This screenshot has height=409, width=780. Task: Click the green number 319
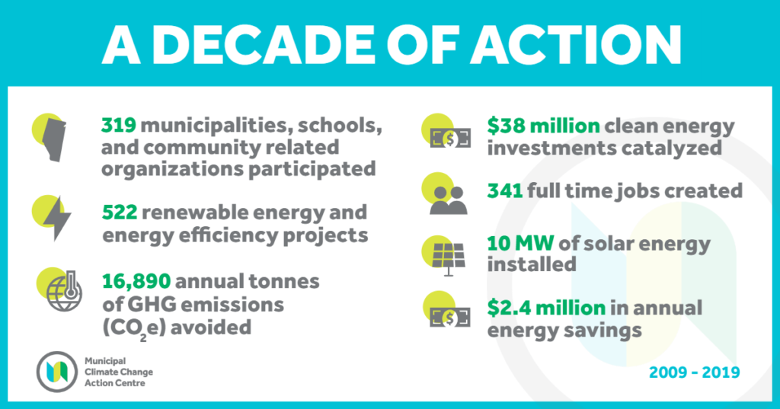[x=119, y=126]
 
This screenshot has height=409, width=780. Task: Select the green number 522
[x=120, y=213]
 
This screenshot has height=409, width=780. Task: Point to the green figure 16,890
[x=136, y=282]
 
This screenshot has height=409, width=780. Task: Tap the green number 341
[x=505, y=191]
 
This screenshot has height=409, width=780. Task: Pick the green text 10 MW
[x=520, y=244]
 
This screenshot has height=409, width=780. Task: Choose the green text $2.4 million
[x=546, y=308]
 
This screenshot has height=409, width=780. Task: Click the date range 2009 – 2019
[x=694, y=372]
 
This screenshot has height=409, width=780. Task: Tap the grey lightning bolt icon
[x=57, y=219]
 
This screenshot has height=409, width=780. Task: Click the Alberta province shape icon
[x=54, y=141]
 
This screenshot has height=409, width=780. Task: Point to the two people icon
[x=448, y=200]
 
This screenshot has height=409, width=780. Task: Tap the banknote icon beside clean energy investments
[x=450, y=139]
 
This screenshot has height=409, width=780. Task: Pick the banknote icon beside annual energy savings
[x=450, y=318]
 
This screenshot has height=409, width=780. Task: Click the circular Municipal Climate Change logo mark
[x=56, y=372]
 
